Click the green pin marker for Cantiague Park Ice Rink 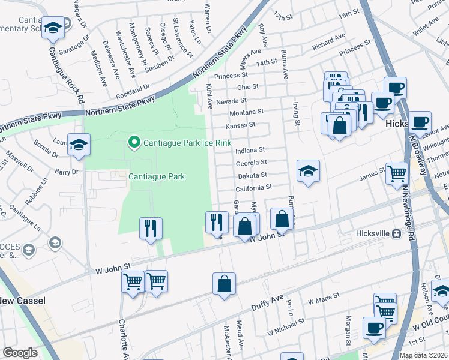(134, 142)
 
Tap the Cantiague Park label (157, 176)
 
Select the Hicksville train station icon (396, 233)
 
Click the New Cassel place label (22, 300)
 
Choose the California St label (254, 188)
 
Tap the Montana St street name (247, 112)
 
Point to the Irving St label (296, 114)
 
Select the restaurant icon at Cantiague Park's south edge (151, 227)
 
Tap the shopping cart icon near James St (397, 174)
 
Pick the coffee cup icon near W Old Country (374, 328)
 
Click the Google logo (20, 353)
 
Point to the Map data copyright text (423, 355)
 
